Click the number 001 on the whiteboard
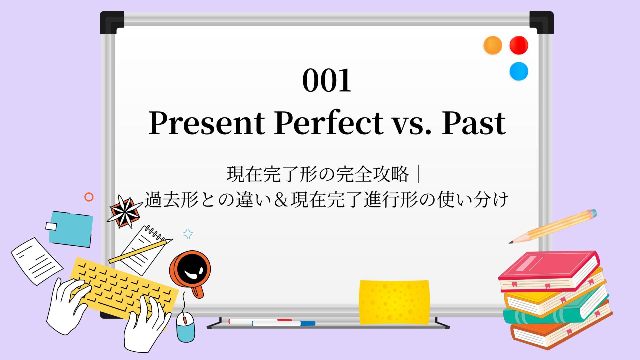(x=327, y=80)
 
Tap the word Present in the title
(x=207, y=123)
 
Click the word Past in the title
(x=474, y=123)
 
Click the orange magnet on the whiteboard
(x=493, y=45)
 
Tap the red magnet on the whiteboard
(x=519, y=45)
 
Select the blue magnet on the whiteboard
(x=519, y=71)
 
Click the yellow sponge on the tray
(x=394, y=302)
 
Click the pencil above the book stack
(x=553, y=226)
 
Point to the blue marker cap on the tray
(x=308, y=323)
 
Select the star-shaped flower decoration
(x=124, y=212)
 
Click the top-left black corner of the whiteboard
(x=112, y=22)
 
